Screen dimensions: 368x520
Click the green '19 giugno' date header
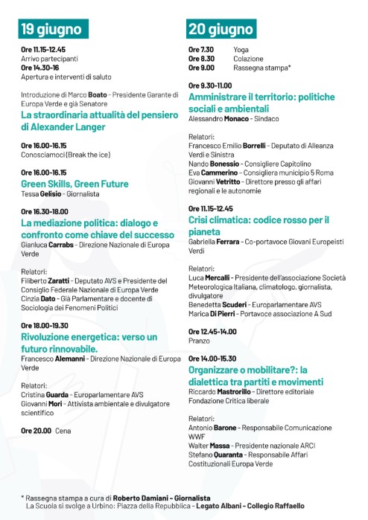click(x=51, y=30)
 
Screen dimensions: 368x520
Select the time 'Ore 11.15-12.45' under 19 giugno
click(x=43, y=49)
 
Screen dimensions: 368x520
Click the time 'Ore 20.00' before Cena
click(x=36, y=430)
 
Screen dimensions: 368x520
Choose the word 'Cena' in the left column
click(x=64, y=430)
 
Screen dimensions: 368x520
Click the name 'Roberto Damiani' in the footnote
click(x=144, y=497)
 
